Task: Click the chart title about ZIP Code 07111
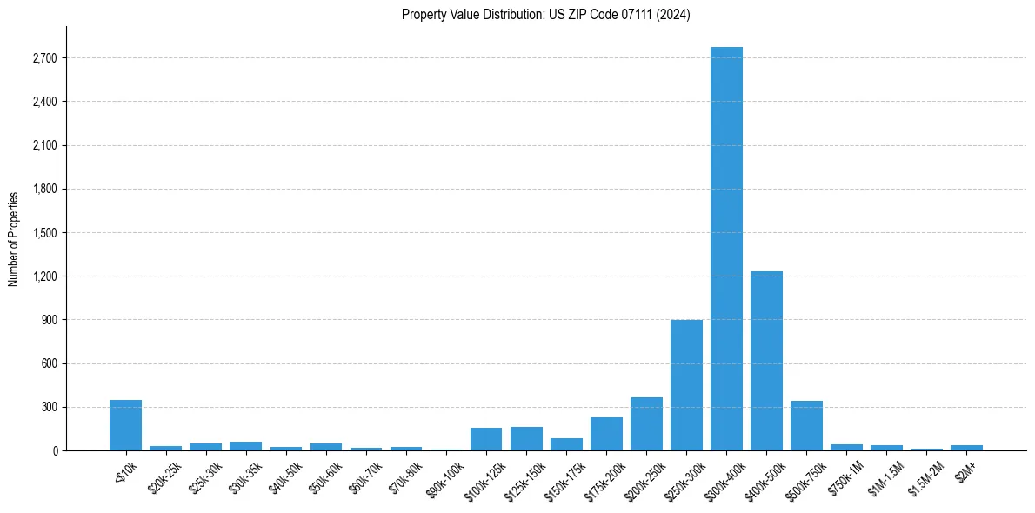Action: coord(545,15)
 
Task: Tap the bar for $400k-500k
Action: coord(766,361)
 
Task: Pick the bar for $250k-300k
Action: coord(686,385)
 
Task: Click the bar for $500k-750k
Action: coord(806,426)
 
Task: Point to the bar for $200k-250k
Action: coord(646,424)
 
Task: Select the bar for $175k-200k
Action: coord(606,434)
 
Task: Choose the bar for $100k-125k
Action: coord(486,439)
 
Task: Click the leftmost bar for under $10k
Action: coord(125,425)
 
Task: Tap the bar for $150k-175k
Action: coord(566,444)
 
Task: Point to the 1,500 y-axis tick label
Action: coord(44,233)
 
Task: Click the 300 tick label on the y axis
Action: coord(50,407)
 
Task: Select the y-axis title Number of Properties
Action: coord(14,238)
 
